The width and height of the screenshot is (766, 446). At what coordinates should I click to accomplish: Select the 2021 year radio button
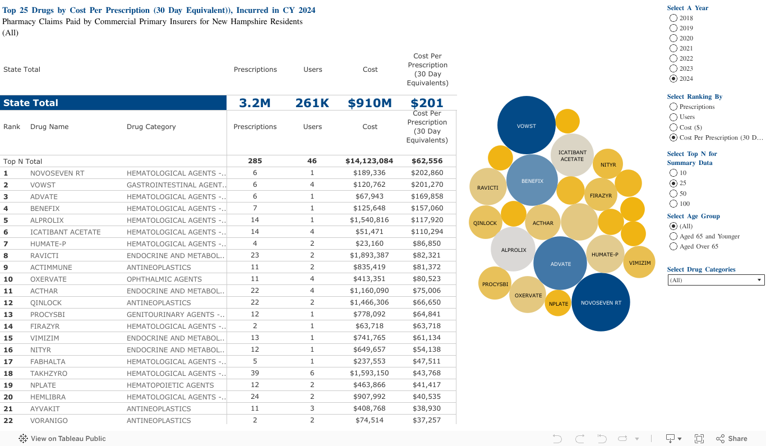tap(673, 48)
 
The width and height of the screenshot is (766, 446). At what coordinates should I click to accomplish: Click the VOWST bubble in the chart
tap(526, 125)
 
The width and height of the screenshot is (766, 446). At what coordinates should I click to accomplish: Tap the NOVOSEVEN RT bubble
tap(601, 302)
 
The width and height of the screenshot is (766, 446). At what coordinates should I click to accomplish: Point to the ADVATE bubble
tap(560, 263)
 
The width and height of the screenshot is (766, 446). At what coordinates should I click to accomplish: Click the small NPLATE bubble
tap(558, 304)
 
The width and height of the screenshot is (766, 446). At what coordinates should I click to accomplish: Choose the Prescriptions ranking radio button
tap(673, 107)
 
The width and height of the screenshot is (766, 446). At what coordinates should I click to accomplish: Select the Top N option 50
tap(673, 194)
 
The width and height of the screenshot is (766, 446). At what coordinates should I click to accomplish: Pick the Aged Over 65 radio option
tap(673, 246)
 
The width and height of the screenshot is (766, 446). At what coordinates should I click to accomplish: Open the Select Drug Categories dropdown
tap(716, 280)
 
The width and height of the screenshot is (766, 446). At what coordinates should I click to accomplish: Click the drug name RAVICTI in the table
tap(44, 255)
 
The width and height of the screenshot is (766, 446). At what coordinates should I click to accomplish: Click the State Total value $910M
tap(370, 103)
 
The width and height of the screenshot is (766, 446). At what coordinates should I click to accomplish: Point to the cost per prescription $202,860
tap(427, 173)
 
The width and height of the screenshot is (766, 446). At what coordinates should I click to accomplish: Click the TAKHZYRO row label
tap(49, 373)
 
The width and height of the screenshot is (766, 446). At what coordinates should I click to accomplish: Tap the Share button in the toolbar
tap(732, 439)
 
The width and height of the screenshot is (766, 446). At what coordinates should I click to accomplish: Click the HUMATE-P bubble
tap(605, 254)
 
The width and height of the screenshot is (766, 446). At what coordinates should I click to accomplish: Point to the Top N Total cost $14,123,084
tap(369, 161)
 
